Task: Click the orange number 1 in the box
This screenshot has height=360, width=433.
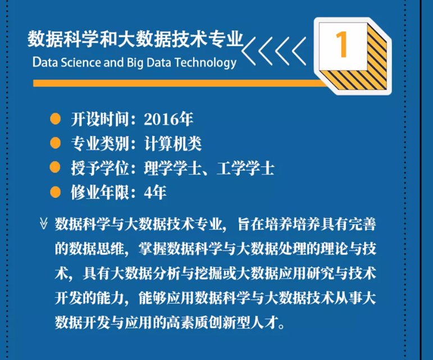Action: (342, 44)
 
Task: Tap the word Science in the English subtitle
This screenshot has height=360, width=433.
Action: (81, 62)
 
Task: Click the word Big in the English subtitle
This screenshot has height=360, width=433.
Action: (135, 63)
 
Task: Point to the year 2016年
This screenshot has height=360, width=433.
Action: (168, 119)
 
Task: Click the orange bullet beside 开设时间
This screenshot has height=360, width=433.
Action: (55, 119)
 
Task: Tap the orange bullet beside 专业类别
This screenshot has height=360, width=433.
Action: (55, 143)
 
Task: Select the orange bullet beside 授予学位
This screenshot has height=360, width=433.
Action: (55, 167)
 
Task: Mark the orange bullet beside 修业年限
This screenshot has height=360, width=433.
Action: (55, 192)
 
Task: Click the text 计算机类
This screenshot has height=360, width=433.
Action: (173, 144)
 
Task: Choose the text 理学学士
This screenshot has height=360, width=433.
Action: (173, 168)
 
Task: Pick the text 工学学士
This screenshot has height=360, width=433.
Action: (246, 168)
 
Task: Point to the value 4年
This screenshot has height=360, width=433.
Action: (155, 193)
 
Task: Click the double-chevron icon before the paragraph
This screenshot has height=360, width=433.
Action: (44, 224)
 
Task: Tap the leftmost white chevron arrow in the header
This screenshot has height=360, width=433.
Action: (249, 51)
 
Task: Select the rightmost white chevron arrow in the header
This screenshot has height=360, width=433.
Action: (299, 51)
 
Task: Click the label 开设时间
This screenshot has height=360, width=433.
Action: (100, 119)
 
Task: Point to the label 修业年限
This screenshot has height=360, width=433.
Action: (100, 193)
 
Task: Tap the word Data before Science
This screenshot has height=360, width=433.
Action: (45, 62)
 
